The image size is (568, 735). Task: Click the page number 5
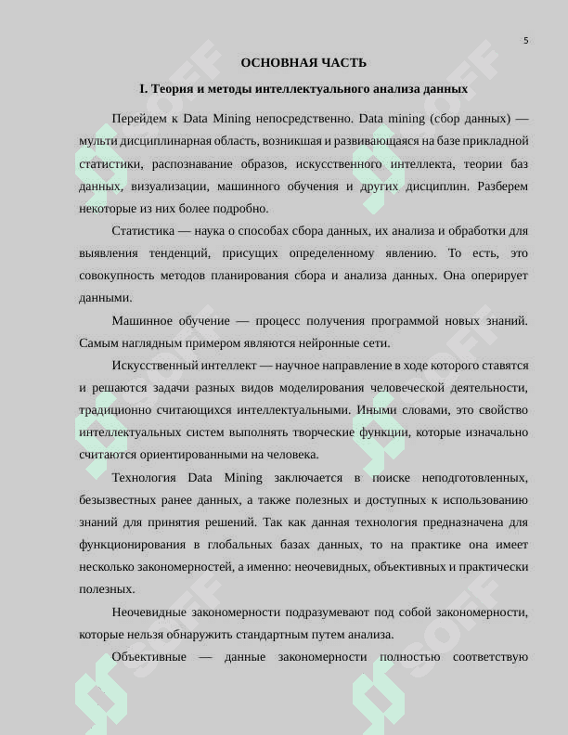[526, 41]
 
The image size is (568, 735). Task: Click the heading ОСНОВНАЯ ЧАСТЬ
[303, 63]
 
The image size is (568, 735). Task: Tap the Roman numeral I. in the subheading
[144, 89]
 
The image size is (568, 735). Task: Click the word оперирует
[500, 275]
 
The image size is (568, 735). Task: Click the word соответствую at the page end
[491, 656]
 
